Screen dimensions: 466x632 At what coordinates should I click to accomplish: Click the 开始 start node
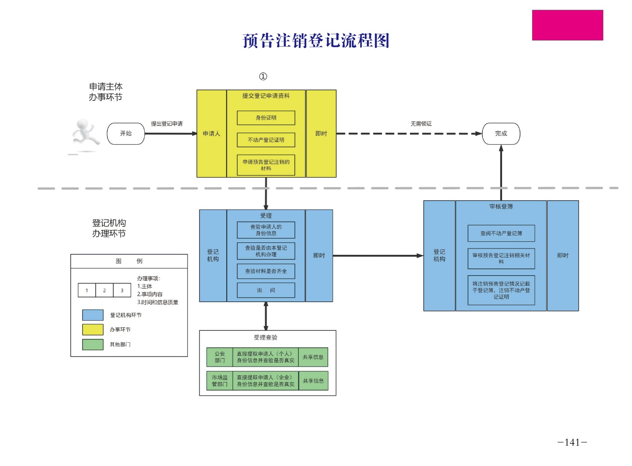(126, 133)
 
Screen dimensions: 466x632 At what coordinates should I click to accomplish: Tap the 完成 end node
(501, 133)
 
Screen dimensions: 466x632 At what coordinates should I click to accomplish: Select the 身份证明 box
(266, 118)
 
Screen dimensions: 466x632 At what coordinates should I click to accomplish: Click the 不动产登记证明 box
(266, 140)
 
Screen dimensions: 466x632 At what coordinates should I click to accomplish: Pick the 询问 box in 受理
(266, 290)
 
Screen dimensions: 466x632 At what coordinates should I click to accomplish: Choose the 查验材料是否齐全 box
(266, 271)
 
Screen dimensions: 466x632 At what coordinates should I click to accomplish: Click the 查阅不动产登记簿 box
(501, 233)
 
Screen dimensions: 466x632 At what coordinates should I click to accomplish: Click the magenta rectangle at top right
(567, 25)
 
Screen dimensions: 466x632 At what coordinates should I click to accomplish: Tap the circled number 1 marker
(263, 77)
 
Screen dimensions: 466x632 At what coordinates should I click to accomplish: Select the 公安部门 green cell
(220, 357)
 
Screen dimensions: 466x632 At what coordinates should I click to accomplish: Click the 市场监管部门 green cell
(220, 381)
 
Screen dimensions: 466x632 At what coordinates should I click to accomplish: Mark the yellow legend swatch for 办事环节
(93, 330)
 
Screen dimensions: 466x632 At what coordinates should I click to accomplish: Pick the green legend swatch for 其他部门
(93, 344)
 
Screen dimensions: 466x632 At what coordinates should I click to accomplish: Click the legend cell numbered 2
(104, 290)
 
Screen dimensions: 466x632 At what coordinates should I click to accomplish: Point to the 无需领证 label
(421, 124)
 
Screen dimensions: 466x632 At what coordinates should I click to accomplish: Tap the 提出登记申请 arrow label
(167, 124)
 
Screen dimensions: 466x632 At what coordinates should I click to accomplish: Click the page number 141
(572, 442)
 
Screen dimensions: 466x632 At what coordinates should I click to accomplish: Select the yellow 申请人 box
(211, 133)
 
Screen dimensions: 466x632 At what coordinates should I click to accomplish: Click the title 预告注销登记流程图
(316, 41)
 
